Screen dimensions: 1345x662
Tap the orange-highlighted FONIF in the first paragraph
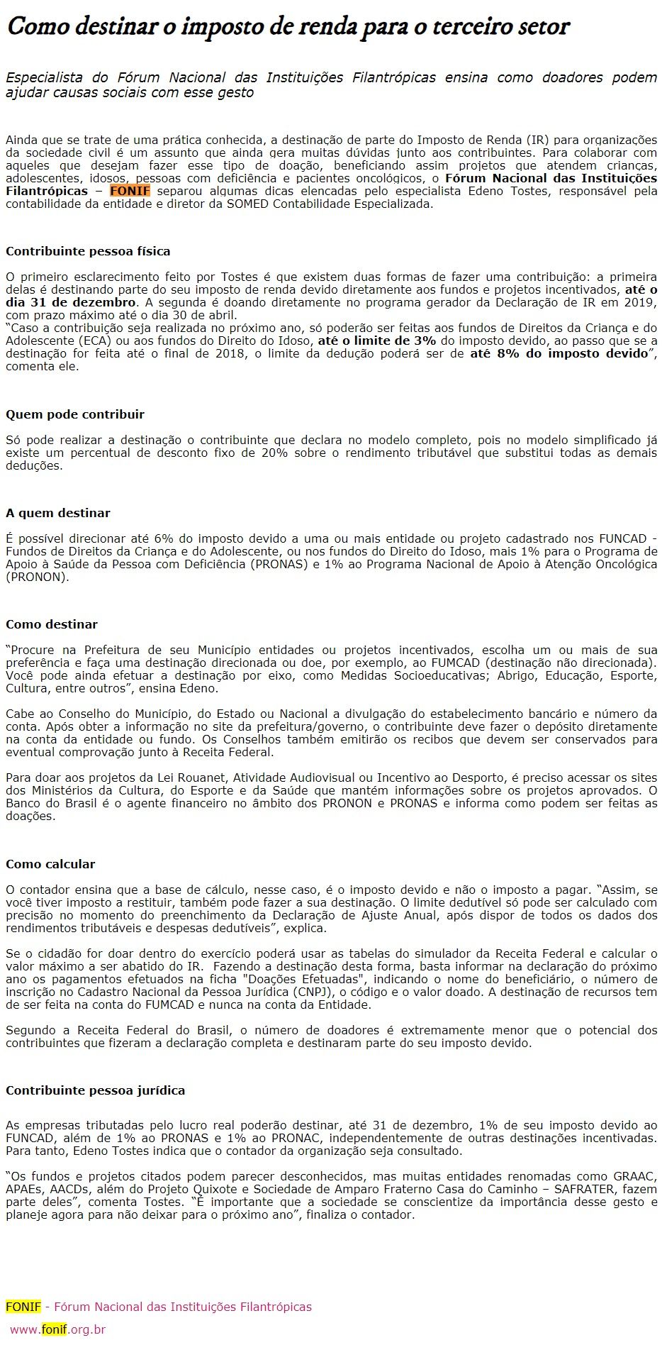point(130,191)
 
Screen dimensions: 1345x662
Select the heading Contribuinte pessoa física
point(88,251)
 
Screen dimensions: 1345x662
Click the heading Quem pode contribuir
point(75,414)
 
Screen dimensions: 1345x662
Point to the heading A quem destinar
point(58,513)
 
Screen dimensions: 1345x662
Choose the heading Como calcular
point(50,864)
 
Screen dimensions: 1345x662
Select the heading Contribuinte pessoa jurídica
point(95,1090)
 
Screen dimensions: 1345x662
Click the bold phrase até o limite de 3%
point(376,341)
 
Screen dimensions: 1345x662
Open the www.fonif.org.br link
point(57,1329)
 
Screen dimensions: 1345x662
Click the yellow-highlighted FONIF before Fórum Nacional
point(23,1307)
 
